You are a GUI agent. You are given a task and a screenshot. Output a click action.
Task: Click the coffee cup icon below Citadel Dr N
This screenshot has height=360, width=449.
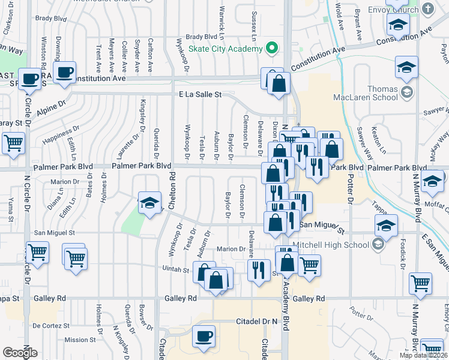click(204, 335)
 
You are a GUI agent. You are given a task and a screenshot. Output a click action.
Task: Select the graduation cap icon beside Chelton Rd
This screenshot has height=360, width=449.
click(149, 202)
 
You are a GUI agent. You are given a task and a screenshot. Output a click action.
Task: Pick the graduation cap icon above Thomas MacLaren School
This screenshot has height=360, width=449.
click(406, 67)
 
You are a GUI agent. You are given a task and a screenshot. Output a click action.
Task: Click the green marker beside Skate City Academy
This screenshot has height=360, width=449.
click(272, 47)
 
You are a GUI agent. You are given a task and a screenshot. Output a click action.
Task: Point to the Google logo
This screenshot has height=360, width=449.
click(20, 353)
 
